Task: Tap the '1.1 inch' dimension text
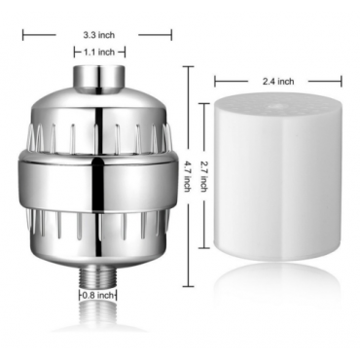[x=98, y=52]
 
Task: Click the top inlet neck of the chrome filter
[x=97, y=76]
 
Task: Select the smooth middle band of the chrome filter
[x=97, y=175]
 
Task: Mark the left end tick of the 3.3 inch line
[x=23, y=34]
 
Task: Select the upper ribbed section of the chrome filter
[x=97, y=126]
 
